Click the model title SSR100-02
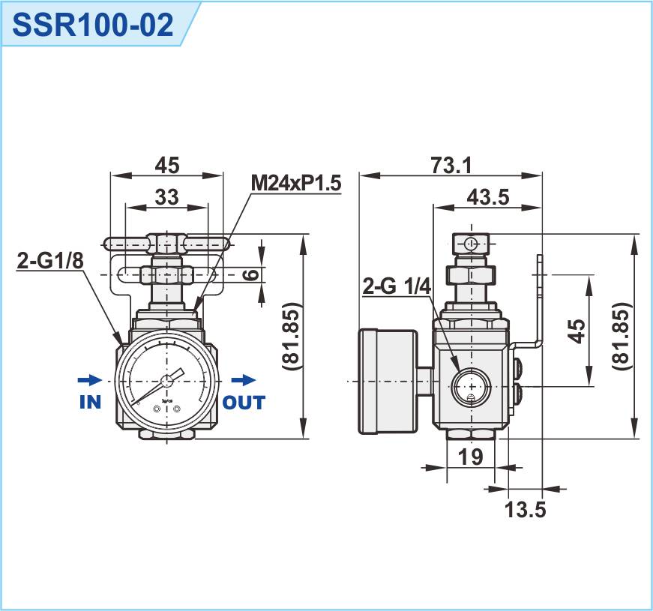(x=94, y=24)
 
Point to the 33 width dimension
(x=166, y=196)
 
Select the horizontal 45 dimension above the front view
(x=166, y=164)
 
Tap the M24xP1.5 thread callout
(x=295, y=182)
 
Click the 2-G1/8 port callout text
(x=49, y=260)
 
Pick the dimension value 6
(x=252, y=274)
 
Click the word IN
(x=90, y=403)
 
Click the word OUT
(x=244, y=403)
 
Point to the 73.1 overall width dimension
(x=451, y=165)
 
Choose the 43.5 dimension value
(x=487, y=196)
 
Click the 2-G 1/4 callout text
(x=395, y=286)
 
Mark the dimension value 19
(x=470, y=457)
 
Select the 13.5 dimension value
(x=525, y=510)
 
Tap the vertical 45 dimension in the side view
(x=576, y=331)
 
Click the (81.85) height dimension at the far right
(x=620, y=337)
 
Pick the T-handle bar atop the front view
(x=166, y=242)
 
